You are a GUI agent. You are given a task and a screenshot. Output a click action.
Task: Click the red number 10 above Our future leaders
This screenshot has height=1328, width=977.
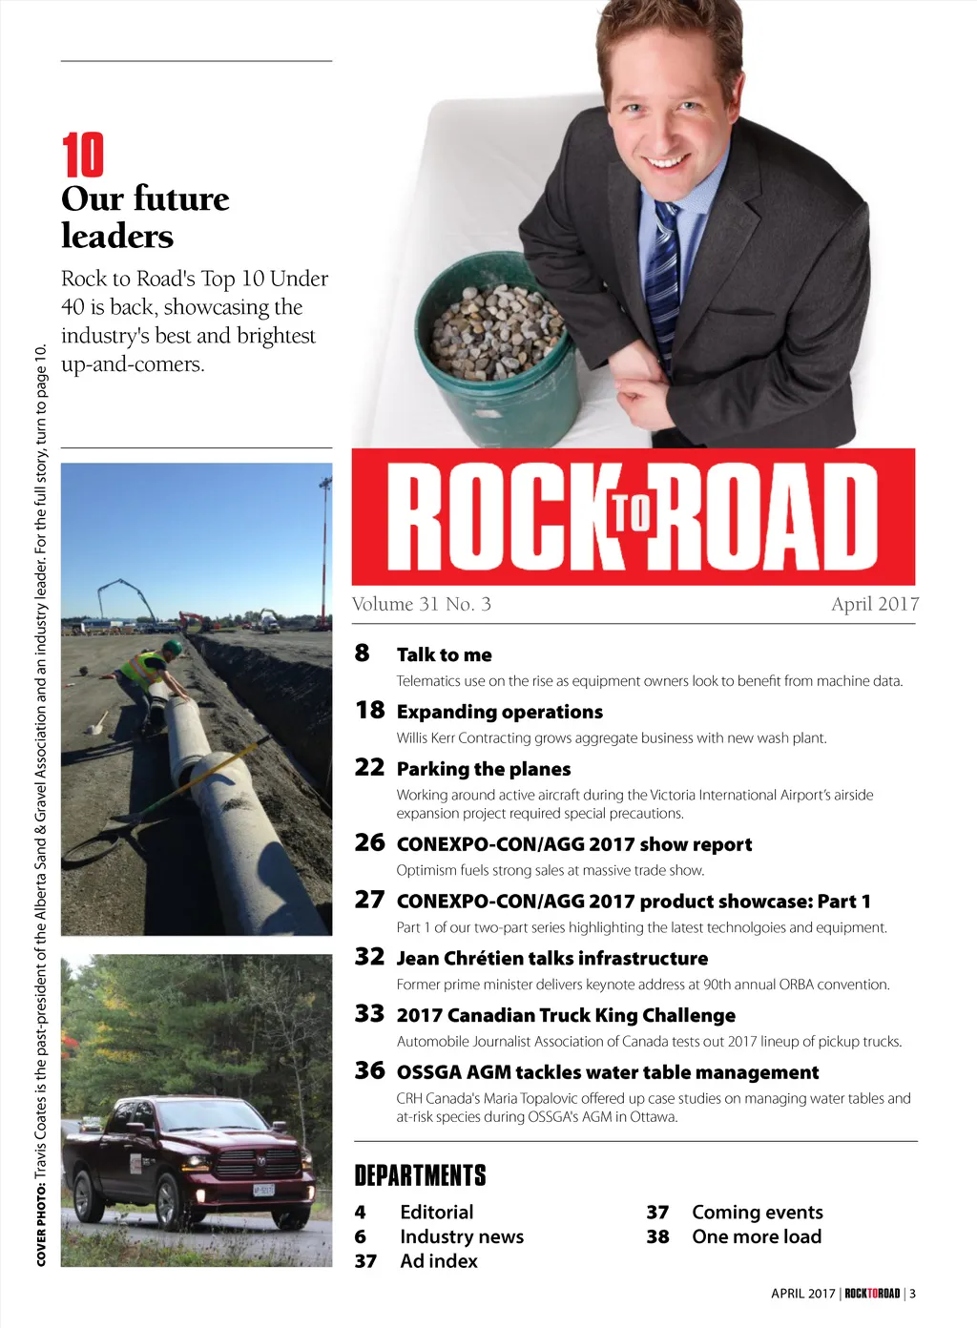83,156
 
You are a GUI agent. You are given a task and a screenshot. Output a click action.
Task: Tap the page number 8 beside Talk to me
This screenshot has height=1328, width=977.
363,654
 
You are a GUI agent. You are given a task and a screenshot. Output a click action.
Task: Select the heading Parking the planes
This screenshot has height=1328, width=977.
484,769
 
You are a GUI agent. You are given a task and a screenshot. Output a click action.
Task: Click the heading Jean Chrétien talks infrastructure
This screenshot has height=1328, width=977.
552,958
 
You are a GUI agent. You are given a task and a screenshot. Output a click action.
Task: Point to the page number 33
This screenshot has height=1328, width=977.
369,1014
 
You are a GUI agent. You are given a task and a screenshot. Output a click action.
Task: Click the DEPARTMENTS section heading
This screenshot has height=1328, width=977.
420,1175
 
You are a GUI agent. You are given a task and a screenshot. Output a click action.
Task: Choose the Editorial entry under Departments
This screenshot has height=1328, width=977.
436,1213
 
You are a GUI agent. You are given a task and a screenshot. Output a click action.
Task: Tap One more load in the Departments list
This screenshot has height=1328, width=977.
757,1237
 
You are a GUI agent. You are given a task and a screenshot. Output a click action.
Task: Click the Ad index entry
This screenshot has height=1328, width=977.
439,1261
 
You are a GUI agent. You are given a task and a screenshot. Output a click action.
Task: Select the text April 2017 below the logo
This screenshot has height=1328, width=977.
875,604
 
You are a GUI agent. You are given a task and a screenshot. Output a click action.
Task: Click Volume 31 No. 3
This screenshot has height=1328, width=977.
422,604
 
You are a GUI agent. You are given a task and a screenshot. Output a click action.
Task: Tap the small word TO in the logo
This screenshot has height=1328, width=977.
631,513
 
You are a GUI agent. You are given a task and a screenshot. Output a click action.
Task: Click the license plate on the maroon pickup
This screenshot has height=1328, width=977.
263,1190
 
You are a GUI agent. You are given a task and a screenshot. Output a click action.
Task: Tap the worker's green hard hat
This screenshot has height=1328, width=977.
173,647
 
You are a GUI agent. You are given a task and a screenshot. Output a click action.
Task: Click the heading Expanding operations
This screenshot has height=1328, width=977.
500,712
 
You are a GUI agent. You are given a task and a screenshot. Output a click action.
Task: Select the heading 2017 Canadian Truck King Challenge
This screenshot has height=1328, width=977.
566,1015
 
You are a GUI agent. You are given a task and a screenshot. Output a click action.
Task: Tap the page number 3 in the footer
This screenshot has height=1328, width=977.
912,1294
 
